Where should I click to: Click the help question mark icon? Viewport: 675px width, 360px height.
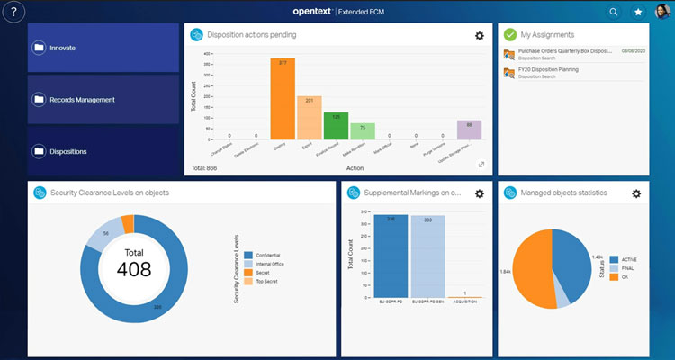14,12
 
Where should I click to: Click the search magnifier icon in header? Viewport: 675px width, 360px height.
614,12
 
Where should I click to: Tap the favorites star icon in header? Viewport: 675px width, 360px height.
638,12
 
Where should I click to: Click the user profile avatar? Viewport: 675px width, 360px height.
661,12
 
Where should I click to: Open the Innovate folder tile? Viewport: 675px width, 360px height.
103,48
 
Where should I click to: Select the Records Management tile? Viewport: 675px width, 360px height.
103,100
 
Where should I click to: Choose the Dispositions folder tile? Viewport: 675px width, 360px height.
103,151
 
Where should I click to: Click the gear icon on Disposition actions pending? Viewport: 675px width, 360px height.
480,35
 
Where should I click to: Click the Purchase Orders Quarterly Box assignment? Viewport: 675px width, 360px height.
560,53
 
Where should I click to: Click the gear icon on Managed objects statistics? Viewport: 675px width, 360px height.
636,193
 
